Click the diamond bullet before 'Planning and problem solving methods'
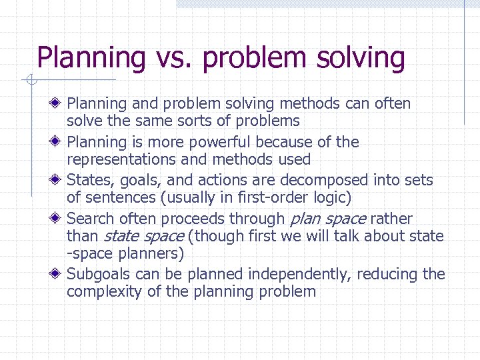tap(59, 103)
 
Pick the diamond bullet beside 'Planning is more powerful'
tap(59, 142)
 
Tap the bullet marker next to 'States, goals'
tap(59, 180)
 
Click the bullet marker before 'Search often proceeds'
tap(59, 219)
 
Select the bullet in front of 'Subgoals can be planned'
tap(59, 274)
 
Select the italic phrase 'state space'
tap(144, 236)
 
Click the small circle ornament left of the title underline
tap(31, 81)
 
